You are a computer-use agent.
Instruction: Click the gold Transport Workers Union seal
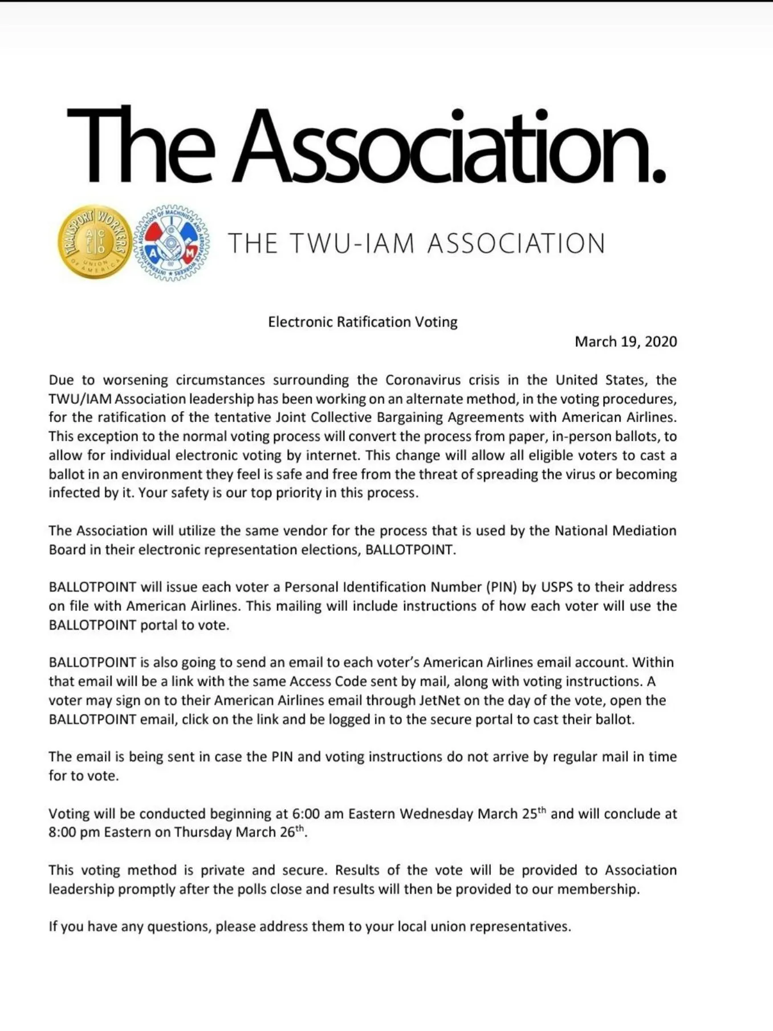tap(95, 242)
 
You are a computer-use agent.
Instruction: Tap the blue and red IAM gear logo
tap(172, 243)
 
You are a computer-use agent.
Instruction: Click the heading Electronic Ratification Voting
tap(363, 322)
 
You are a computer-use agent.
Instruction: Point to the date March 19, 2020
tap(625, 342)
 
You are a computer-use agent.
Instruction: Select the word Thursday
tap(202, 833)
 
